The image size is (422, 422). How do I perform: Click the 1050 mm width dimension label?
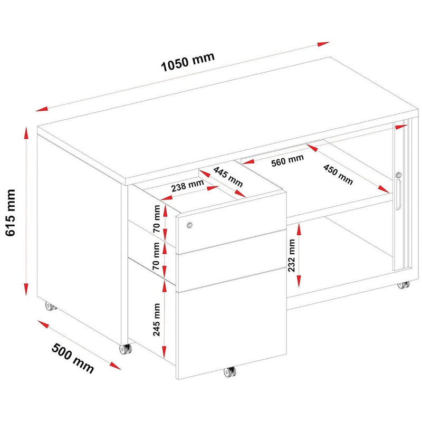coord(188,62)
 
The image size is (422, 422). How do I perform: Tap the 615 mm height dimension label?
coord(11,213)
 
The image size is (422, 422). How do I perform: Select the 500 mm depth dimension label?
coord(73,358)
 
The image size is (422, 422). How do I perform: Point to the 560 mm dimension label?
coord(287,160)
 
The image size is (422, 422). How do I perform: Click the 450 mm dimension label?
coord(338,175)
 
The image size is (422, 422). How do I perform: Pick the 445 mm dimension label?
coord(228,177)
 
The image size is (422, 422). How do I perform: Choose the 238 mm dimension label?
coord(187,186)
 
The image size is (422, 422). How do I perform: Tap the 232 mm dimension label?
coord(292,255)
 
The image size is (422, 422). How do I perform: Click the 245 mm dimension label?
coord(156,320)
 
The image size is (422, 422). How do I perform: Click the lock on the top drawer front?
coord(189,225)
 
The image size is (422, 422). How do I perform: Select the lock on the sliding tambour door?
coord(399,175)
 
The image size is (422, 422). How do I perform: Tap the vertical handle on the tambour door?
coord(398,195)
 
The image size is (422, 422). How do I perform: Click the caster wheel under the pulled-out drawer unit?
coord(230,372)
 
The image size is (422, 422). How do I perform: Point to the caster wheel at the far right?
coord(404,285)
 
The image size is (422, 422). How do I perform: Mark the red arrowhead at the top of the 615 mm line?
coord(26,133)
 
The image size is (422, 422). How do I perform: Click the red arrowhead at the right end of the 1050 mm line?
coord(323,44)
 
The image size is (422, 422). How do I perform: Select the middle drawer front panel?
coord(231,260)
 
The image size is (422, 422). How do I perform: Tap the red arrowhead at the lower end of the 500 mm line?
coord(115,366)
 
